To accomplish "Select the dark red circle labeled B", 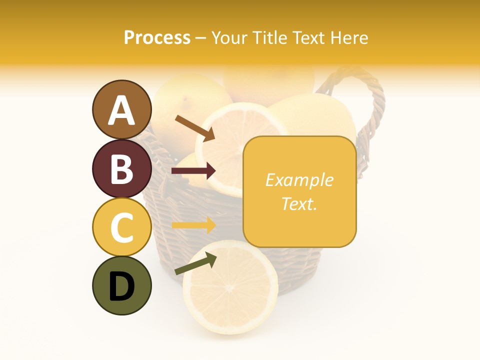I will pyautogui.click(x=121, y=168).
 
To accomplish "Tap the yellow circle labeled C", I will pyautogui.click(x=121, y=227).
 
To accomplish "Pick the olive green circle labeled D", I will pyautogui.click(x=121, y=285).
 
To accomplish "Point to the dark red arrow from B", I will pyautogui.click(x=193, y=171).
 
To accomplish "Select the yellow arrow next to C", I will pyautogui.click(x=193, y=225).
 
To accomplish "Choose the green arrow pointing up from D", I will pyautogui.click(x=195, y=264).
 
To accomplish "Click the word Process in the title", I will pyautogui.click(x=157, y=37).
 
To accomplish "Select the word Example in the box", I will pyautogui.click(x=299, y=180).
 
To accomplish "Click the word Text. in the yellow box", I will pyautogui.click(x=299, y=203).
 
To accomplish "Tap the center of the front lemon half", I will pyautogui.click(x=229, y=287).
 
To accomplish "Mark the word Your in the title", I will pyautogui.click(x=230, y=37).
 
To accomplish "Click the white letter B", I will pyautogui.click(x=121, y=169).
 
